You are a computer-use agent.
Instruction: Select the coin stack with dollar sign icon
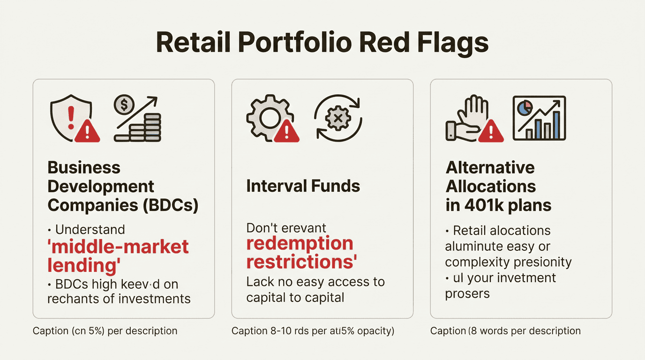tap(137, 119)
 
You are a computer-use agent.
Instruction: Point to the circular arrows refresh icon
tap(337, 118)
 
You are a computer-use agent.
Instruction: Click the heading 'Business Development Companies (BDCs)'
tap(123, 186)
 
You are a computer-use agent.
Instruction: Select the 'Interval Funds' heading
tap(303, 186)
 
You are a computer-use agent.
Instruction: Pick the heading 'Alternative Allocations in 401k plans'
tap(498, 186)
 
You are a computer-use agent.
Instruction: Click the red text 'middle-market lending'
tap(118, 255)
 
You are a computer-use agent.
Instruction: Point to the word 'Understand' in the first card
tap(90, 230)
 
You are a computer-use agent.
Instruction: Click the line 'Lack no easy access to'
tap(315, 282)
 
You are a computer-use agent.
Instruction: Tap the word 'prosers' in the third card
tap(467, 294)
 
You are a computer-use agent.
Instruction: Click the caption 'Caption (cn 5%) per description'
tap(105, 331)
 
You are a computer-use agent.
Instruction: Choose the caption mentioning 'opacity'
tap(313, 331)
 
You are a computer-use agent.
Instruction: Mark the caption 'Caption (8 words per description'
tap(505, 331)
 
